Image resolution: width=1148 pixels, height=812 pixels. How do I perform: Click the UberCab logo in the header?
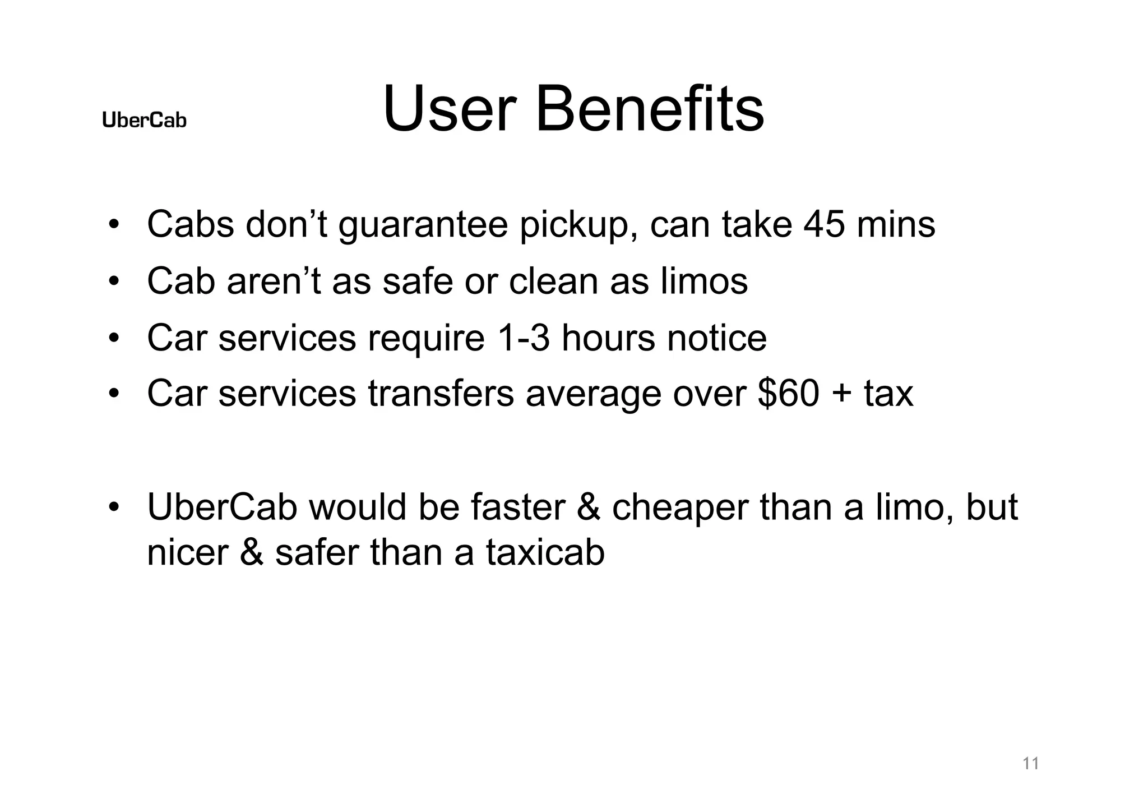coord(144,120)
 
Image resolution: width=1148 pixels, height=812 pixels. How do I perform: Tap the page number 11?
coord(1030,763)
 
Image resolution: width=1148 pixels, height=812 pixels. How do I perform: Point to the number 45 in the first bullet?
coord(824,224)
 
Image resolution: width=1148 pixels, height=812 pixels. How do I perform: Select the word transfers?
coord(441,393)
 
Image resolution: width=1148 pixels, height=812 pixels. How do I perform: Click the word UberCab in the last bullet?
coord(222,507)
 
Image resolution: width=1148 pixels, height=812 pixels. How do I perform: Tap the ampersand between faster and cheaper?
coord(588,507)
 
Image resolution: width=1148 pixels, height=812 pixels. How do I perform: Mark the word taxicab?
coord(545,552)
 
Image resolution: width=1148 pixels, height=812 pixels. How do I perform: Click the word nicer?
coord(187,552)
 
